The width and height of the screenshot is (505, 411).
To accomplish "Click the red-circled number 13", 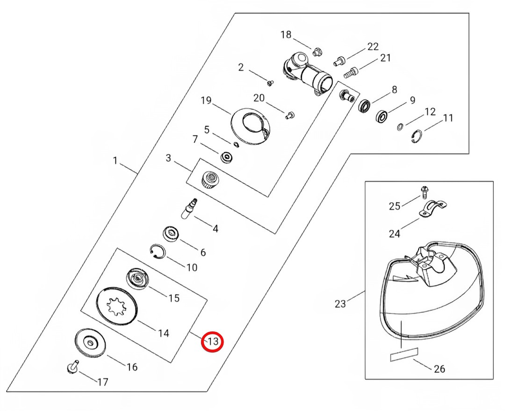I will click(x=213, y=341).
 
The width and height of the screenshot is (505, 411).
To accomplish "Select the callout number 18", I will click(x=286, y=35).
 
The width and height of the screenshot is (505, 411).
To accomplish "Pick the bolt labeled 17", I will click(x=71, y=367).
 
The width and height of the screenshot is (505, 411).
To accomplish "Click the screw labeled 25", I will click(x=423, y=192).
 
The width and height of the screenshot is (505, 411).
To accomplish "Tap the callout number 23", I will click(x=340, y=303).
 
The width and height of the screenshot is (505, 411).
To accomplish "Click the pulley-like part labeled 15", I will click(x=136, y=277).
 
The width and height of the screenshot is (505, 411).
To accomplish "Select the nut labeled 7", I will click(x=227, y=156).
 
